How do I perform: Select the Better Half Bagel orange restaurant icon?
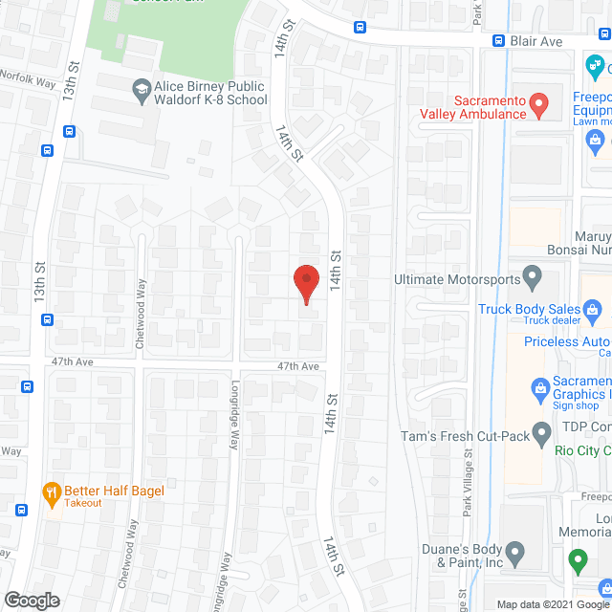(51, 492)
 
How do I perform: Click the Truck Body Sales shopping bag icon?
(593, 309)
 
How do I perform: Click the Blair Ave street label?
(535, 41)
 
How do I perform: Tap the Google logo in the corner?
(31, 600)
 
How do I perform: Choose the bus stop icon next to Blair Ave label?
(498, 40)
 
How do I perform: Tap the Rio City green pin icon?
(542, 437)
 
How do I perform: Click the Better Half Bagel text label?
(115, 492)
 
